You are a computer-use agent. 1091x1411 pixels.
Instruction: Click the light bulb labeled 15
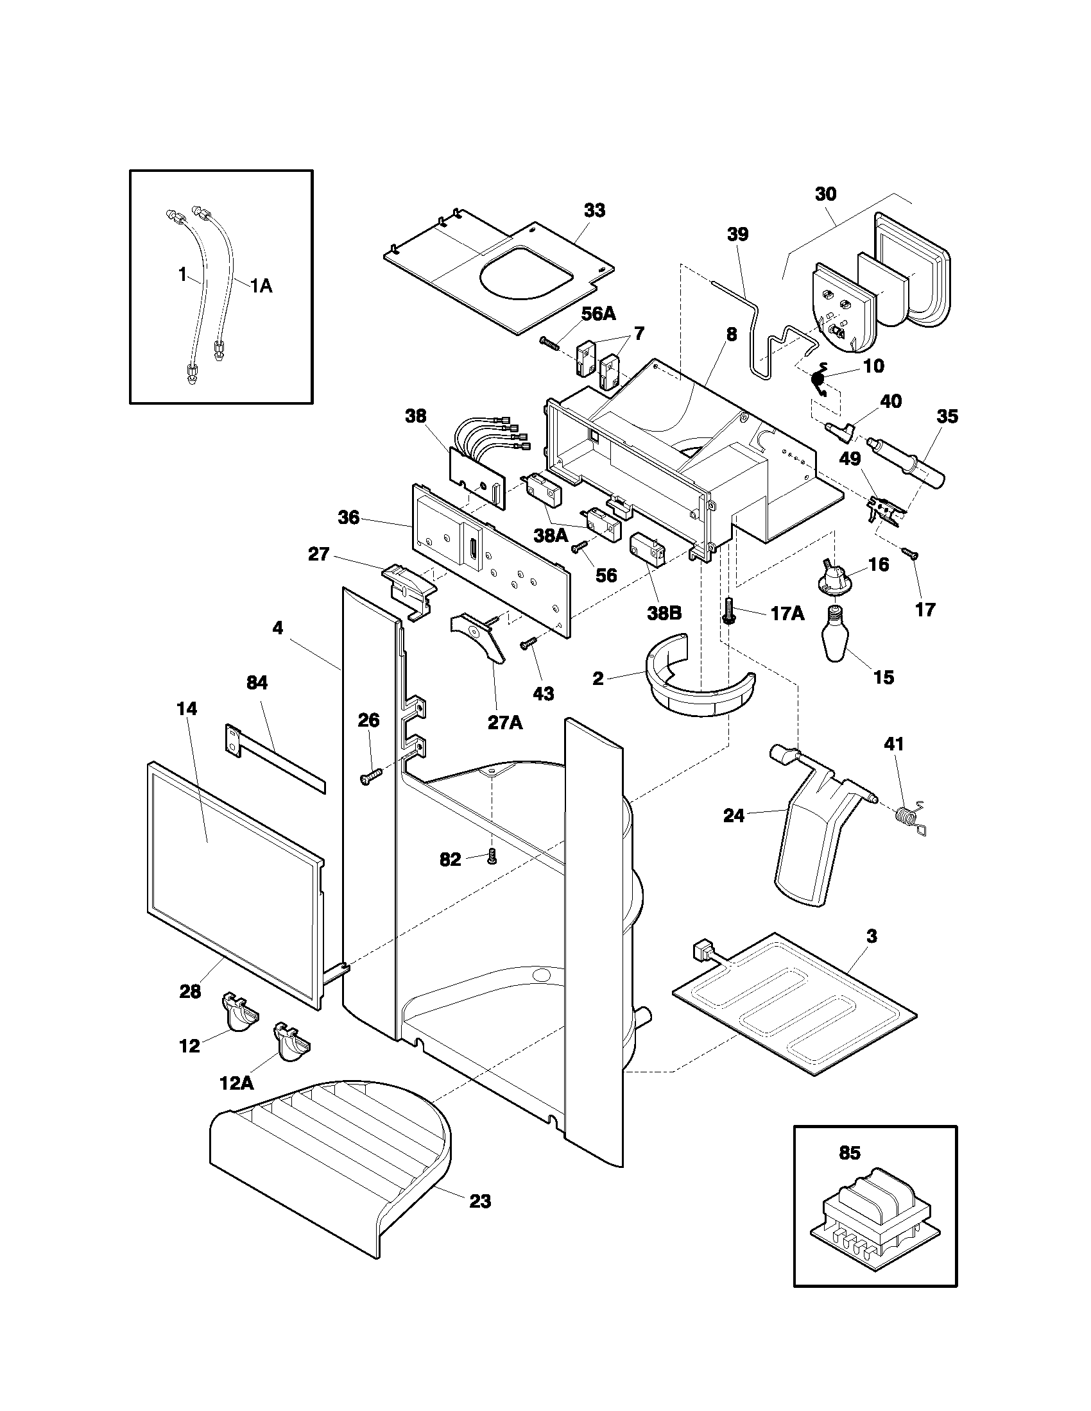pos(837,636)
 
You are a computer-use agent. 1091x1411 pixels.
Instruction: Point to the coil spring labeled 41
pos(911,818)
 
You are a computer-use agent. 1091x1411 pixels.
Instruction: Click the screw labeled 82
pos(492,858)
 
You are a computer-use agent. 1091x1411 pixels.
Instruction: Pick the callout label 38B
pos(664,613)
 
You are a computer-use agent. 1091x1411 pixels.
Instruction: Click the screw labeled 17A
pos(730,610)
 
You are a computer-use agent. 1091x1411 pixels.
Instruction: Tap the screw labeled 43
pos(528,643)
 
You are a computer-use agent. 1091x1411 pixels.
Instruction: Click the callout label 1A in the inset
pos(261,285)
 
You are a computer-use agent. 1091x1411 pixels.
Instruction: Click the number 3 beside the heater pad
pos(872,936)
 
